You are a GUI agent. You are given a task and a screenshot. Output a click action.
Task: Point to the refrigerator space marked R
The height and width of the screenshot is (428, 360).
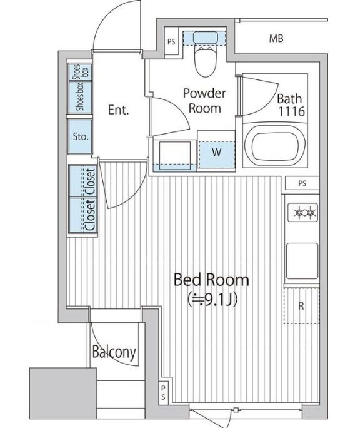coord(302,305)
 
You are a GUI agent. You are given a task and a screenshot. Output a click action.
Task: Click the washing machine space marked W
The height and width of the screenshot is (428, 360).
coord(215,151)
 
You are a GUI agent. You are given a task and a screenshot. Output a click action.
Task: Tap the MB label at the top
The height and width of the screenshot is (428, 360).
coord(276,39)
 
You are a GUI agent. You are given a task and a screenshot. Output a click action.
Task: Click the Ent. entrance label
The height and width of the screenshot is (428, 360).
coord(118,111)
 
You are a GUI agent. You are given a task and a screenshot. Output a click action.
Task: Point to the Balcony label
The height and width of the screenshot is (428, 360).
coord(114,352)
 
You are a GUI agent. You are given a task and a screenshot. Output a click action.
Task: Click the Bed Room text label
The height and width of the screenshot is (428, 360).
coord(211,280)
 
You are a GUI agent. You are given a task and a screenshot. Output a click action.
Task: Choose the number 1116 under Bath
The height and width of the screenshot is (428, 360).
coord(290,113)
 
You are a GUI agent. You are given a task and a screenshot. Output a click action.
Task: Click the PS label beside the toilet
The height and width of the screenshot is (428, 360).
coord(171,42)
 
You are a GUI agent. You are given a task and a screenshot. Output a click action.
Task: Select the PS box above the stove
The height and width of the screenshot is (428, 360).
coord(302,184)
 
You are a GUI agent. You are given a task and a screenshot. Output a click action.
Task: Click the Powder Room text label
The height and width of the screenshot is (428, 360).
coord(204,100)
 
